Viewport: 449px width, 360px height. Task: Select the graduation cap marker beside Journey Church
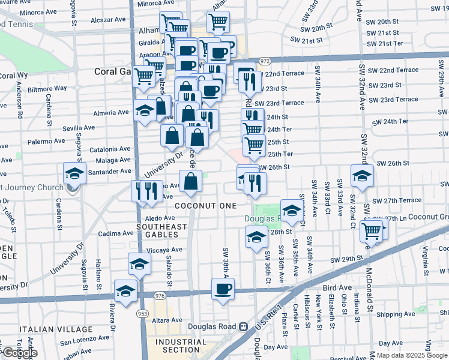click(x=74, y=175)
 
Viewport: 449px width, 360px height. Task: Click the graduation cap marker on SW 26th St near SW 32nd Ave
click(x=362, y=176)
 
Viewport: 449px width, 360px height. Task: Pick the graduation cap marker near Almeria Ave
click(x=144, y=111)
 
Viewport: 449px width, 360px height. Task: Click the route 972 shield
click(x=265, y=61)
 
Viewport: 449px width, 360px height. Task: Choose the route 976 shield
click(x=160, y=296)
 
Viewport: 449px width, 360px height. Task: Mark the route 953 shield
click(x=142, y=313)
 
